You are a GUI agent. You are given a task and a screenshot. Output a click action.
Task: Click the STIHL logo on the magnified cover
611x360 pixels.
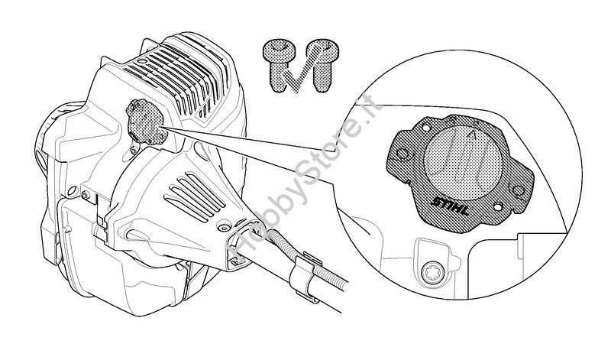point(450,206)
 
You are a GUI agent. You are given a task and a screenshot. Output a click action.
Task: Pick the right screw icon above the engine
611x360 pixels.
point(322,65)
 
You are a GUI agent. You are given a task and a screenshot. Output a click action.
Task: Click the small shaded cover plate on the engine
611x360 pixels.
point(146,122)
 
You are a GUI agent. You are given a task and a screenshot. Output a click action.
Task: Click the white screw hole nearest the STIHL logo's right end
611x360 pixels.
point(498,206)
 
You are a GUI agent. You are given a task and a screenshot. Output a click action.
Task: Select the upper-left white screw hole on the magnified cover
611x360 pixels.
point(426,128)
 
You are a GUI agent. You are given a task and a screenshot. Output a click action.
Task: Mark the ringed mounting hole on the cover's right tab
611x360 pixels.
point(518,191)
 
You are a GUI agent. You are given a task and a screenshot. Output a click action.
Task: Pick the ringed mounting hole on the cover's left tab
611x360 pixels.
point(402,154)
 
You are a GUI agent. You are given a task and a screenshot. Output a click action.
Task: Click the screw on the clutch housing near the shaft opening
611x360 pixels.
point(223,228)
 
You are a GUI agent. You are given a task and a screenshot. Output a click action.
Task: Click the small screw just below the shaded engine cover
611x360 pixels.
point(134,149)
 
